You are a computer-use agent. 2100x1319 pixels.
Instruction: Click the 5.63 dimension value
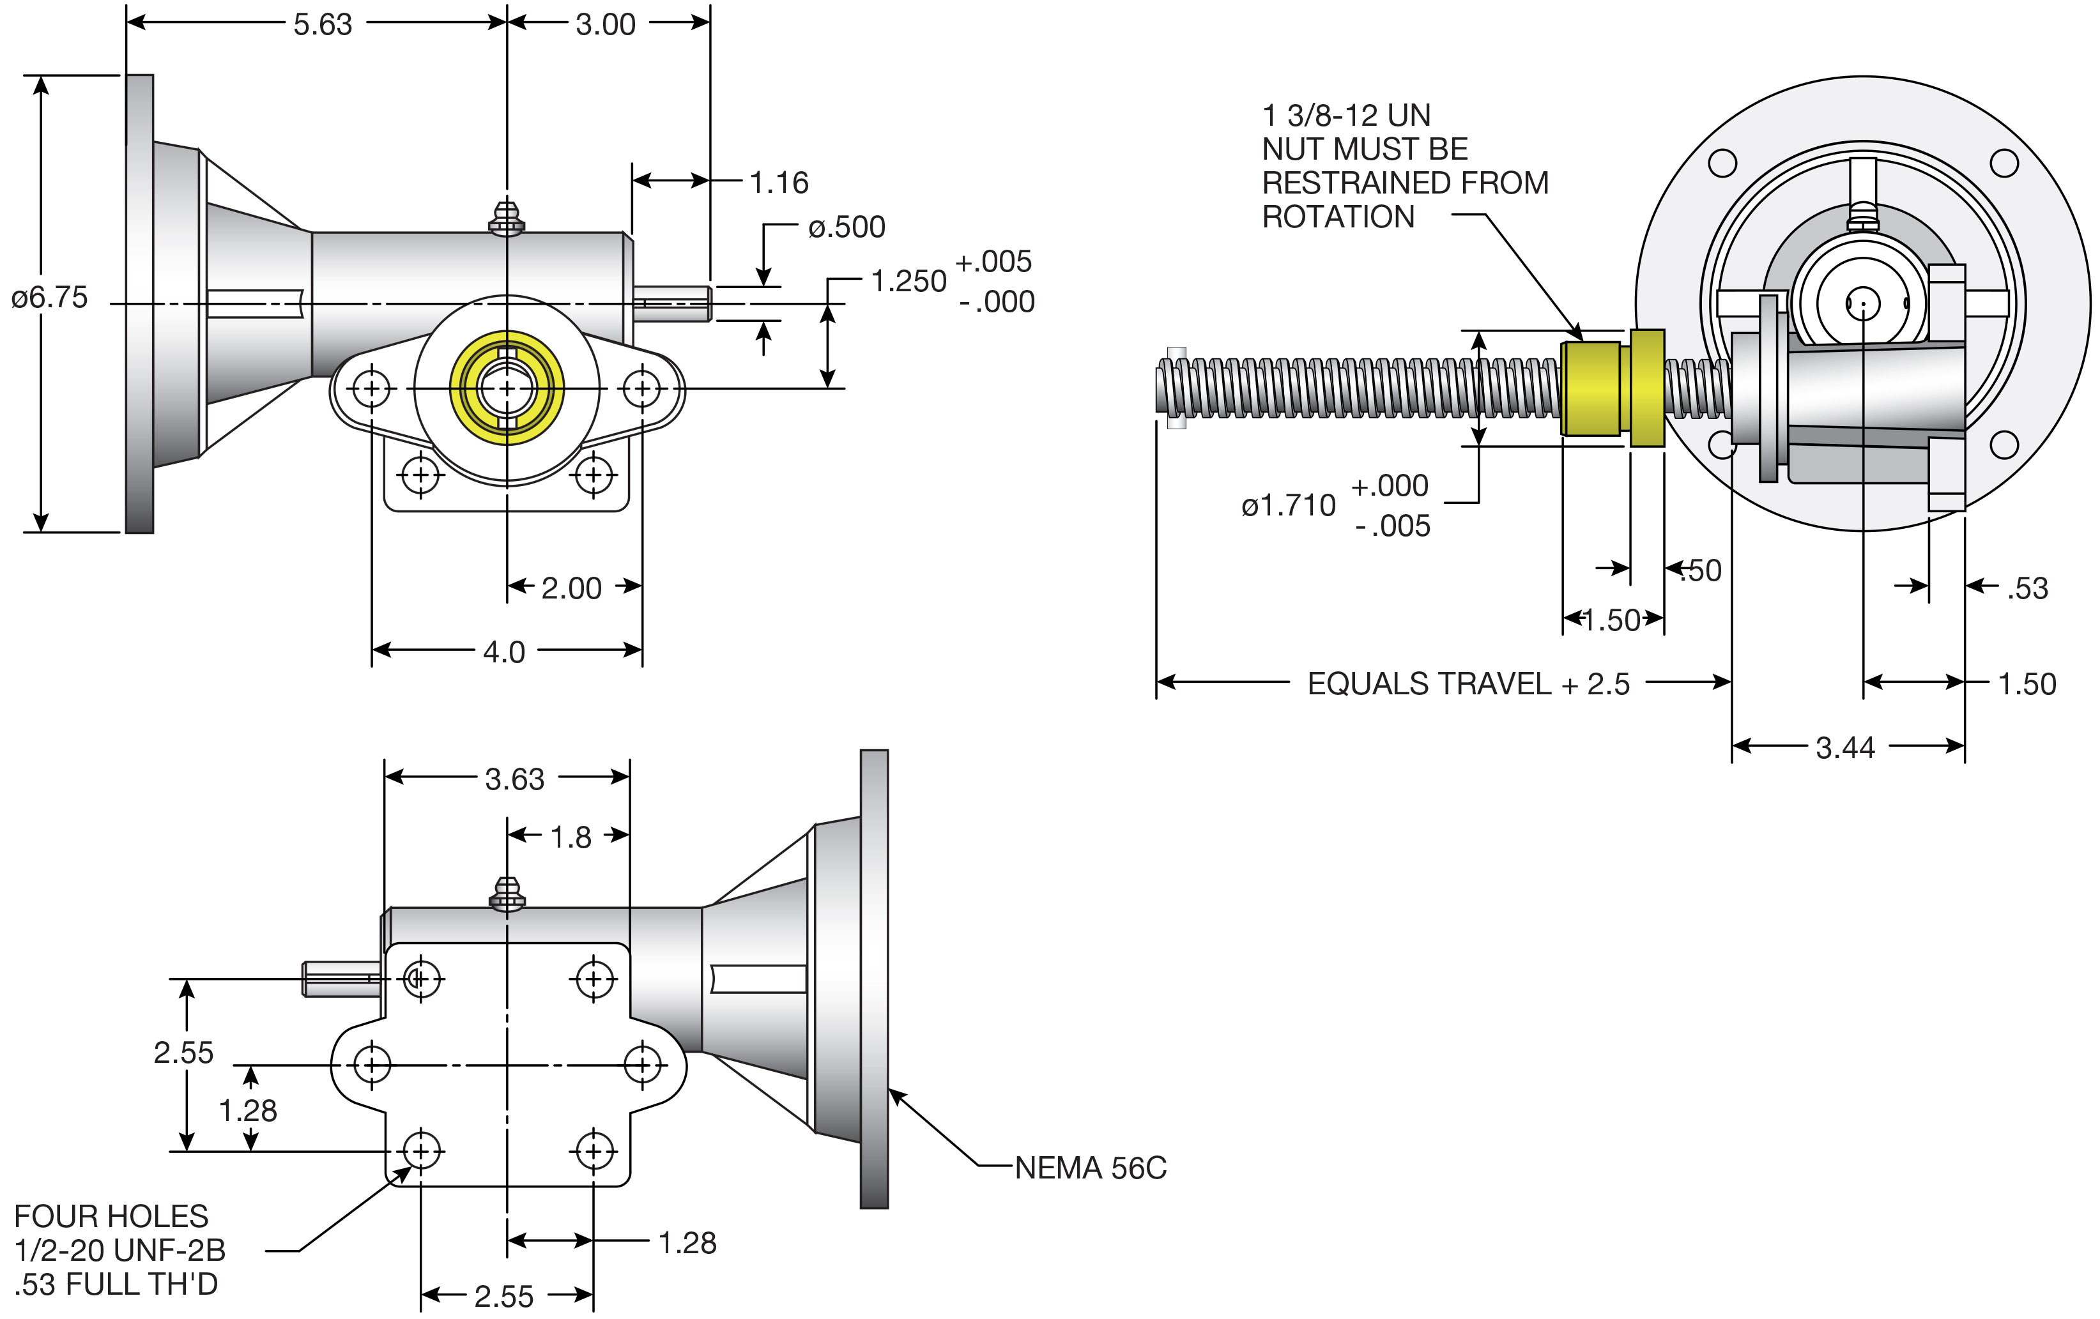[323, 24]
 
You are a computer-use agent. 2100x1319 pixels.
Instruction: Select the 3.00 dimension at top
[605, 24]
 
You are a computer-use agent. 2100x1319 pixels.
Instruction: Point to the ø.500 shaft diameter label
[846, 227]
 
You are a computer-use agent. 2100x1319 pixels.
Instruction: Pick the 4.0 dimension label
[504, 652]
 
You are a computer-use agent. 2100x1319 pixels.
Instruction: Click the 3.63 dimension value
[514, 779]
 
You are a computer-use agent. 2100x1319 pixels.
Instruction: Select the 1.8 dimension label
[571, 837]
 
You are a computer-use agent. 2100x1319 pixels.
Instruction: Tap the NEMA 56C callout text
[1090, 1168]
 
